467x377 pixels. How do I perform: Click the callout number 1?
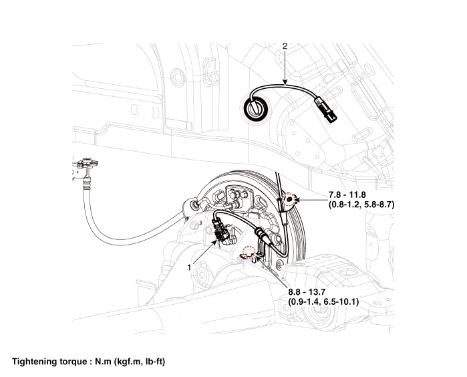(190, 266)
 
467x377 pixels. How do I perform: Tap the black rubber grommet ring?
(255, 108)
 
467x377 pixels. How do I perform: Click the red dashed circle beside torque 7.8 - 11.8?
(290, 199)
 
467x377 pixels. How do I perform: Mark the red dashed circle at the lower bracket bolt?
(249, 252)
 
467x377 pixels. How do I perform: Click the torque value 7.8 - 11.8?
(353, 195)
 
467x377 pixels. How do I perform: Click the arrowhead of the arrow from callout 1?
(216, 241)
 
